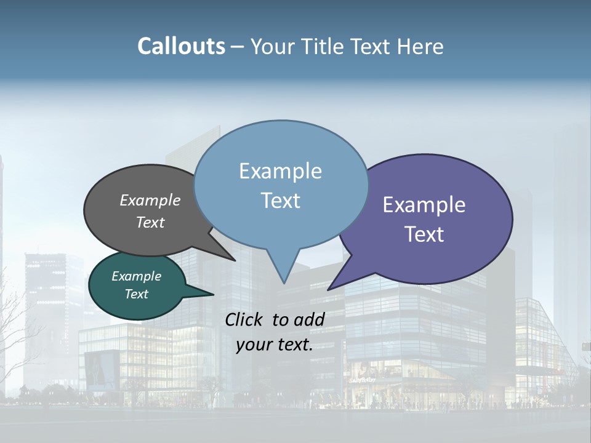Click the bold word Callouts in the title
(x=181, y=46)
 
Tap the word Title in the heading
(x=323, y=46)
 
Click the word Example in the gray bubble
(x=150, y=200)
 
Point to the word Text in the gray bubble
(x=150, y=222)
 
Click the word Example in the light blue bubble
(x=280, y=171)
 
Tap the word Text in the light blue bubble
(x=280, y=201)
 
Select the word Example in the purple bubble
(x=424, y=205)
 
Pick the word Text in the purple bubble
(x=424, y=234)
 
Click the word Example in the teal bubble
(x=136, y=276)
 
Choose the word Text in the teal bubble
(x=136, y=294)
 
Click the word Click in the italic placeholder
(x=244, y=319)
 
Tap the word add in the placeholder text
(x=310, y=319)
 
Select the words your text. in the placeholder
(x=275, y=345)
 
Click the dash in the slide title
(x=238, y=47)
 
